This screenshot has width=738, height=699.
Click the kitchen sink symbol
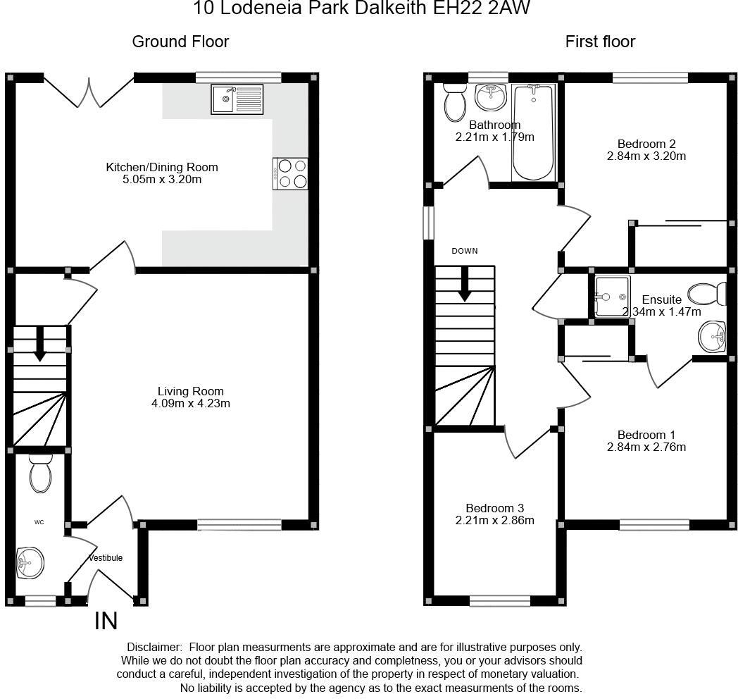click(237, 99)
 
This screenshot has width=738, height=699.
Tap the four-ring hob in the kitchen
click(291, 173)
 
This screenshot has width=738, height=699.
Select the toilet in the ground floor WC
click(41, 473)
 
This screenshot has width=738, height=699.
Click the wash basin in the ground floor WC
click(30, 563)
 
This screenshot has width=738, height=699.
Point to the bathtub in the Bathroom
click(534, 132)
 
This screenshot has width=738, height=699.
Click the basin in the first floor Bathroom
click(490, 97)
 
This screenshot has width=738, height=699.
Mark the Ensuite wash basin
click(712, 337)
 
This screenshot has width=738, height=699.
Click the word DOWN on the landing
click(465, 251)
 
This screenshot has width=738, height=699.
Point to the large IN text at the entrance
click(106, 621)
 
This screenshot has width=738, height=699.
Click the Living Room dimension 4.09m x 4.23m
click(190, 404)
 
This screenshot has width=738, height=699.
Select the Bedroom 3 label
click(494, 508)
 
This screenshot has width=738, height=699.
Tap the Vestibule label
click(106, 558)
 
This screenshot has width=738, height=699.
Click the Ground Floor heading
click(180, 42)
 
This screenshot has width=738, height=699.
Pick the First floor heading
click(600, 42)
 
